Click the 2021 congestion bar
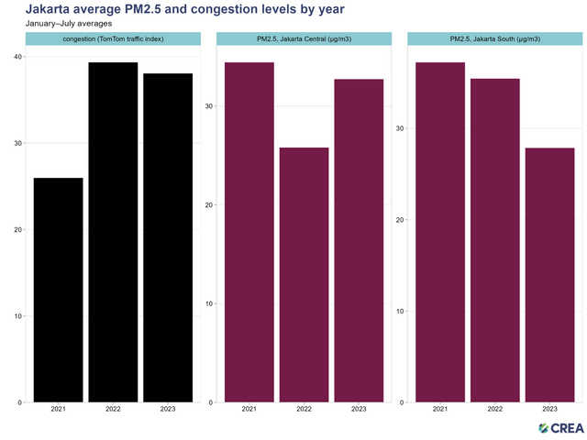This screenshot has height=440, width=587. click(x=58, y=290)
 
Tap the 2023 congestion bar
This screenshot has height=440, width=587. click(x=168, y=237)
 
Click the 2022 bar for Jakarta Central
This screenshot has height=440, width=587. click(x=304, y=275)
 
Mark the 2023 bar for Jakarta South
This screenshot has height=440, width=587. click(x=549, y=275)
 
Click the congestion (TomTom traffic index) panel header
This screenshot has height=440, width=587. click(x=113, y=38)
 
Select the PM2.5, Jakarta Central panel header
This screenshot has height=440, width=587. click(x=304, y=38)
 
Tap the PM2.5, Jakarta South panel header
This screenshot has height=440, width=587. click(x=494, y=38)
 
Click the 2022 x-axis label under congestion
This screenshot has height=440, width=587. click(x=113, y=410)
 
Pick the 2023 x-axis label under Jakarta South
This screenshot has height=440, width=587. click(x=549, y=410)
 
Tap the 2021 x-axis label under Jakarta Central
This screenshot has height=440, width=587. click(x=249, y=410)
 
